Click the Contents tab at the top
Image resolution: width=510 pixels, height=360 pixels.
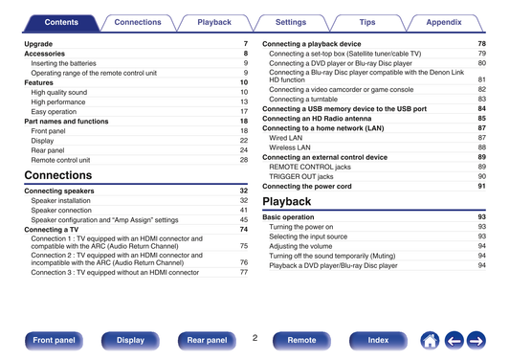(61, 23)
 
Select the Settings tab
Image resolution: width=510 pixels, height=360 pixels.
(291, 23)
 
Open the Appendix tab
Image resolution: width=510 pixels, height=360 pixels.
(444, 23)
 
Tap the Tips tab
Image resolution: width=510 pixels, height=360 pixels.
(367, 23)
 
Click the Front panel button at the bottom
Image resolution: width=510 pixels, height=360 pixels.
(54, 341)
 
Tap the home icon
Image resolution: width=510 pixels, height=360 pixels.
(430, 341)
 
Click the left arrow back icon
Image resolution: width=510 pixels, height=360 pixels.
(455, 341)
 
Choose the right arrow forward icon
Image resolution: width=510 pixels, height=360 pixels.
(477, 341)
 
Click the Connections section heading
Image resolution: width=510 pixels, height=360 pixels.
(58, 175)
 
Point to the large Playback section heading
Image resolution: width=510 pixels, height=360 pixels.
(286, 201)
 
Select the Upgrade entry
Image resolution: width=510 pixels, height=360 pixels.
(38, 44)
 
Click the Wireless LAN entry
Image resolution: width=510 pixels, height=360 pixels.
(290, 147)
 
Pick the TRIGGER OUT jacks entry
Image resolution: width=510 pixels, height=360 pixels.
(301, 177)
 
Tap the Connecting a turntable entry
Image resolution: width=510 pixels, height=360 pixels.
(303, 100)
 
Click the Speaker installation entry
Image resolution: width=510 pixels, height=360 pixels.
(61, 201)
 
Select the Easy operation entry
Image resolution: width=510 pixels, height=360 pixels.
(54, 112)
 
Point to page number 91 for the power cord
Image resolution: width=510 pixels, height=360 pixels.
(481, 186)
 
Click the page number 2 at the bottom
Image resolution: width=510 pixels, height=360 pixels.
(255, 338)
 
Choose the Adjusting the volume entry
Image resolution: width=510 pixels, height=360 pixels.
(300, 246)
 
